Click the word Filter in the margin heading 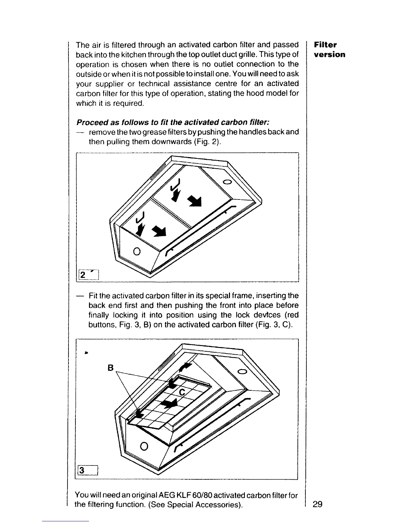pos(325,45)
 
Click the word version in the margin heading pos(330,55)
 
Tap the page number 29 pos(318,504)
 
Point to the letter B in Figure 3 pos(111,368)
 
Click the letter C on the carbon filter pos(182,392)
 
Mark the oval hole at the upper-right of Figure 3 pos(243,371)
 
